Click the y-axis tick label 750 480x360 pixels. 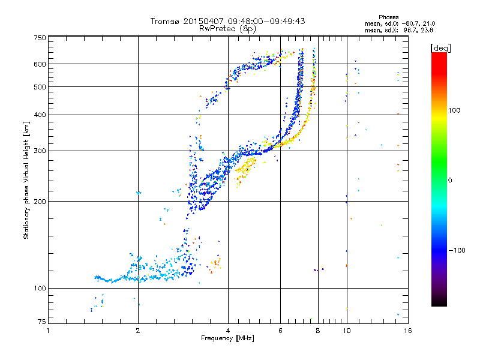tap(40, 38)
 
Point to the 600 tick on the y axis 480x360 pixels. tap(40, 64)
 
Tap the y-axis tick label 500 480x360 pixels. tap(40, 87)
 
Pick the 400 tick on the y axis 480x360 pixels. tap(40, 115)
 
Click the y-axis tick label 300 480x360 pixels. tap(40, 151)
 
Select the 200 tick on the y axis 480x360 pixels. tap(40, 202)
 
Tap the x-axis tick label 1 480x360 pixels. tap(49, 331)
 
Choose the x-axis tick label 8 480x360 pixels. tap(318, 331)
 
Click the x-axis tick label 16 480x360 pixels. tap(406, 331)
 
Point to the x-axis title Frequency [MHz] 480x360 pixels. tap(227, 338)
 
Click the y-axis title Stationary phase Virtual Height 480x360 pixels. tap(26, 180)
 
